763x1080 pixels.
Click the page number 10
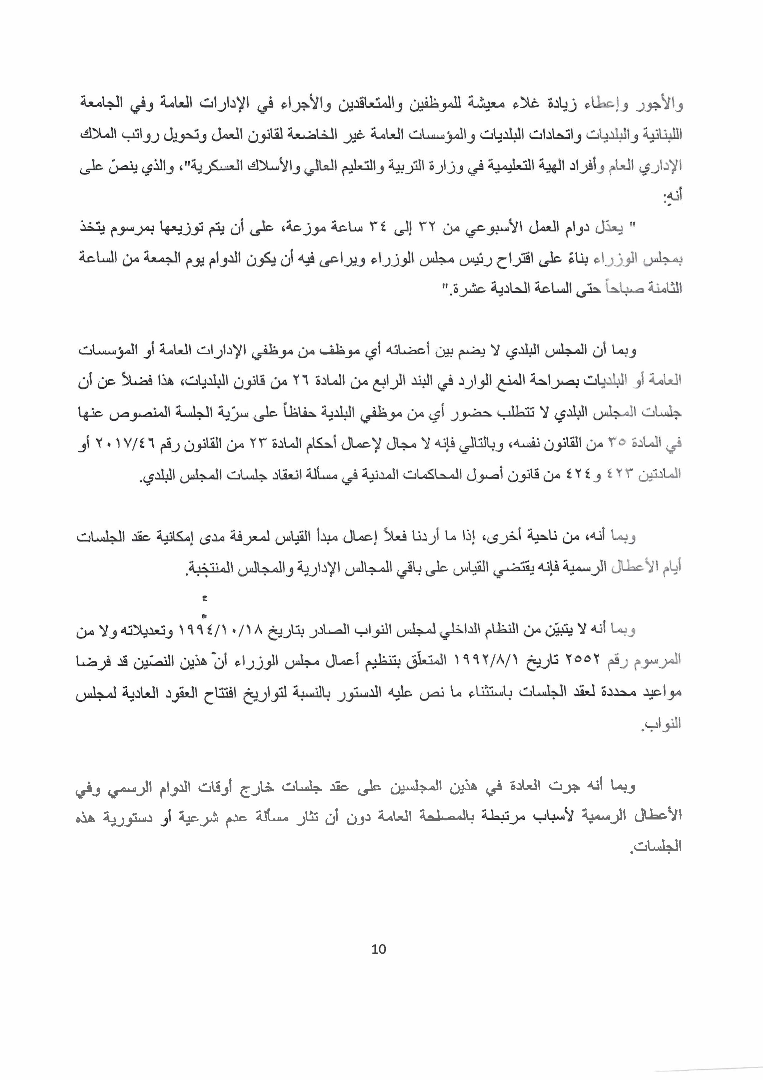[x=379, y=949]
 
